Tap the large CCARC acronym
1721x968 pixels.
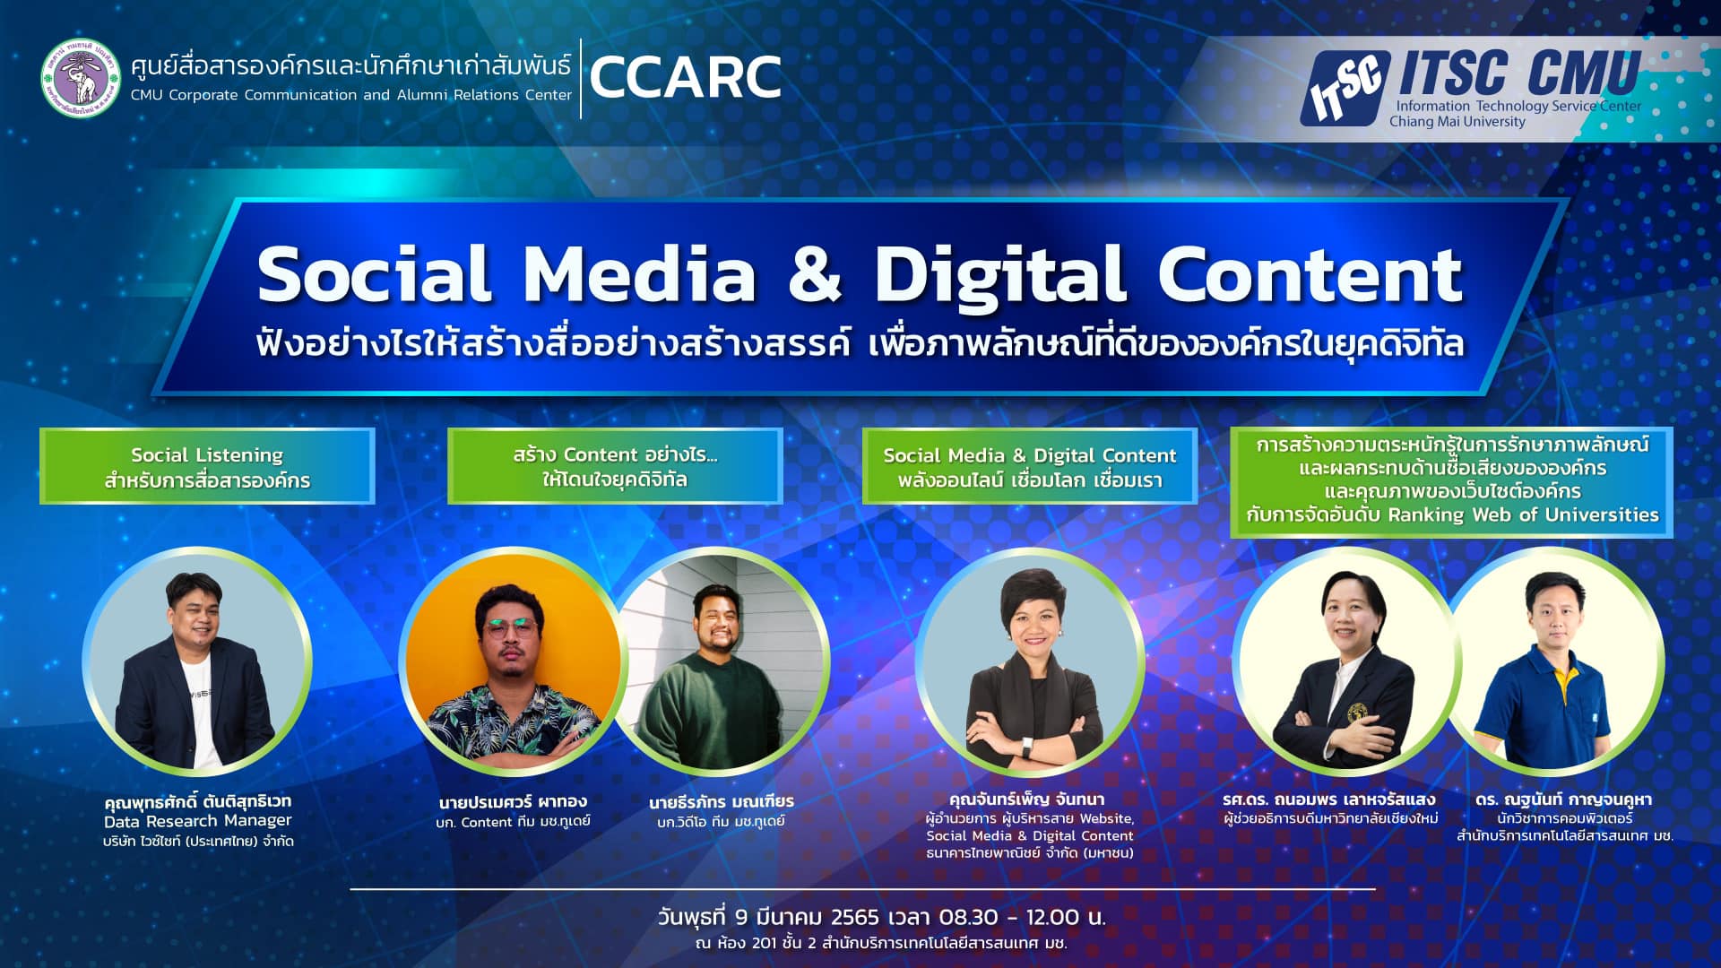(x=686, y=77)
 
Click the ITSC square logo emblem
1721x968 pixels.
(x=1345, y=88)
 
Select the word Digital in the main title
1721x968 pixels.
(x=999, y=274)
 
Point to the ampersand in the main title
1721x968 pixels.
(x=815, y=273)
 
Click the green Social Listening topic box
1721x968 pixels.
(x=207, y=466)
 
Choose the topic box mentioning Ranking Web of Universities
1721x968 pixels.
(x=1452, y=482)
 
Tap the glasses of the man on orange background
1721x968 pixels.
(x=509, y=627)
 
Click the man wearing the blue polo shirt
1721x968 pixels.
(x=1555, y=661)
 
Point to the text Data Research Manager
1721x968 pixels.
(x=198, y=821)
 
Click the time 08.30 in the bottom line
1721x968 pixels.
(x=968, y=918)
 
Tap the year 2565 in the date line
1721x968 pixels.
(x=855, y=918)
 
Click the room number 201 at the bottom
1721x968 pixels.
(x=764, y=944)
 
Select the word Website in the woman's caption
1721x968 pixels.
(x=1107, y=818)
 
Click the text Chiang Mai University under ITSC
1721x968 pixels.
(x=1457, y=122)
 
